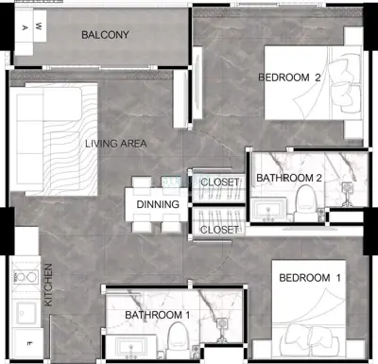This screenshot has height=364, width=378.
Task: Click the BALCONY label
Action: [x=105, y=35]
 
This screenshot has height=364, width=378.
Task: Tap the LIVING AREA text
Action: [x=116, y=144]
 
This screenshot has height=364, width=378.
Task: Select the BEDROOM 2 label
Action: [x=289, y=78]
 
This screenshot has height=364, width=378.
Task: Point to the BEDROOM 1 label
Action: [x=310, y=278]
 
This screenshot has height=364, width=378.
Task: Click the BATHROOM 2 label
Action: [x=289, y=178]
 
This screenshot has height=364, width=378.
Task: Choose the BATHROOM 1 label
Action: [x=158, y=315]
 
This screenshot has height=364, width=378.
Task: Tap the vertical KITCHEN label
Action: [x=48, y=285]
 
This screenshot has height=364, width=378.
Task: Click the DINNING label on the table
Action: [x=158, y=204]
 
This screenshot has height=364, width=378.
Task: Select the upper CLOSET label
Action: [x=219, y=182]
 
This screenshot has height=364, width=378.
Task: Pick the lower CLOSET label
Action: [x=219, y=230]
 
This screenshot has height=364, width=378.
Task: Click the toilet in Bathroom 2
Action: [x=304, y=201]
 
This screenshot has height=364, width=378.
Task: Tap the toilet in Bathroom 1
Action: [x=177, y=340]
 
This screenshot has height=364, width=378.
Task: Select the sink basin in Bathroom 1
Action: [x=130, y=347]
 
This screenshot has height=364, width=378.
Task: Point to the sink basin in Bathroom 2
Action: [x=268, y=208]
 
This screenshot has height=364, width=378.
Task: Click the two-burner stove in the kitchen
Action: [x=26, y=277]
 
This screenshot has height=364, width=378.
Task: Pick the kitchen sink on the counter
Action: [x=26, y=313]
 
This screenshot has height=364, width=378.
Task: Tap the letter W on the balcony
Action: [x=38, y=26]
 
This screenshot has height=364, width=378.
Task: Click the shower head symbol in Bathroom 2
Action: [x=347, y=188]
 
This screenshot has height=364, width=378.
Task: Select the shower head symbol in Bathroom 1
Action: [x=222, y=323]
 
